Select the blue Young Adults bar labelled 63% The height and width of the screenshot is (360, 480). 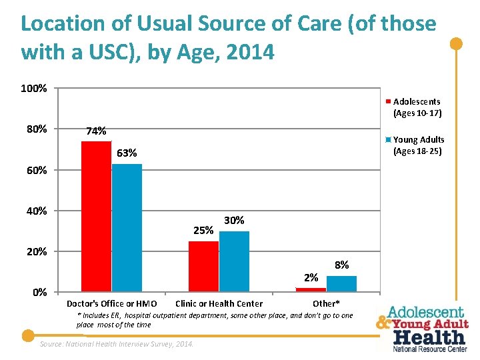(127, 227)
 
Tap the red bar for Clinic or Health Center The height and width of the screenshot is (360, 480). (203, 266)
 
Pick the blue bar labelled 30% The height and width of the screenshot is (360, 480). (234, 261)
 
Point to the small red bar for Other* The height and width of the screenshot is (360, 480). (311, 289)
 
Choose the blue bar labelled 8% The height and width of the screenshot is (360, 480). (341, 283)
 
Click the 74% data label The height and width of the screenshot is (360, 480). (95, 131)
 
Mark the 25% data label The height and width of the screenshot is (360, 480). (203, 231)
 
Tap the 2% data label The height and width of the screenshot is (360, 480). (311, 277)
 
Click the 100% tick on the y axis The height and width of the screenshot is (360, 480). (33, 89)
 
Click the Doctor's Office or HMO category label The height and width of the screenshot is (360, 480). (112, 304)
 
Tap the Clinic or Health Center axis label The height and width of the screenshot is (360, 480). (219, 304)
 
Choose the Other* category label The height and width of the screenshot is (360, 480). (326, 304)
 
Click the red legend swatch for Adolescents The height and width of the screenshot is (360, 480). (388, 102)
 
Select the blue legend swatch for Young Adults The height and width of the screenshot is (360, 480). (388, 140)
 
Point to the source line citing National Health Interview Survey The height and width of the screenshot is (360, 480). (117, 344)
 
